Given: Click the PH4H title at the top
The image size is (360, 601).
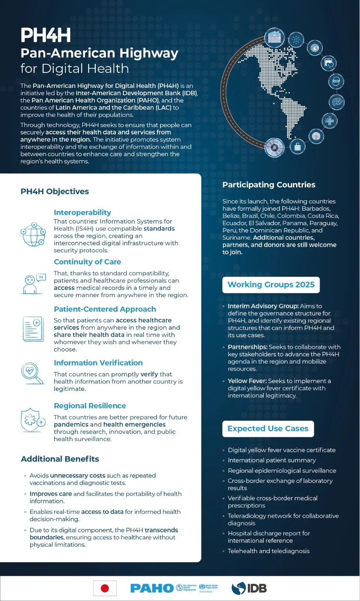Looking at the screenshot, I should pyautogui.click(x=45, y=35).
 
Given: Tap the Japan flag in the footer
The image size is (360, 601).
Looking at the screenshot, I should pyautogui.click(x=105, y=588).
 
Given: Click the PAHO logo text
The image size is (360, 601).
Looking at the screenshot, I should pyautogui.click(x=152, y=588).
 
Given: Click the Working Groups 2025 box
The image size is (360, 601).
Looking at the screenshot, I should pyautogui.click(x=271, y=285).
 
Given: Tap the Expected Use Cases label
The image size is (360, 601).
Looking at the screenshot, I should pyautogui.click(x=268, y=429).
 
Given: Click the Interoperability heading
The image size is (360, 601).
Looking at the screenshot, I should pyautogui.click(x=82, y=213).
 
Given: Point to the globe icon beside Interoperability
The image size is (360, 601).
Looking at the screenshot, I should pyautogui.click(x=33, y=234).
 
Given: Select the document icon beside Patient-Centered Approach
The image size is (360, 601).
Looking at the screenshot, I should pyautogui.click(x=33, y=329).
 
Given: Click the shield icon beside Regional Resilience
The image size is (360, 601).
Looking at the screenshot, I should pyautogui.click(x=32, y=420).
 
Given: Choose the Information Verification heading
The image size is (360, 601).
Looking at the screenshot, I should pyautogui.click(x=98, y=363).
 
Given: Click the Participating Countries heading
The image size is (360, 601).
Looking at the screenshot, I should pyautogui.click(x=269, y=185).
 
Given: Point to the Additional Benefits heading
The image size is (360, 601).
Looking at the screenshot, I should pyautogui.click(x=60, y=459).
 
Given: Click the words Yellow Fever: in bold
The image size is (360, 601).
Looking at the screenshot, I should pyautogui.click(x=247, y=381).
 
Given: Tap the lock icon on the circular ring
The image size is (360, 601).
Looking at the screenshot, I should pyautogui.click(x=298, y=147).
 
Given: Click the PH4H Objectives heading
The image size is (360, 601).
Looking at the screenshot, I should pyautogui.click(x=54, y=192).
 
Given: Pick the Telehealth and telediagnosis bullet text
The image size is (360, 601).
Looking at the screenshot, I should pyautogui.click(x=268, y=551).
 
